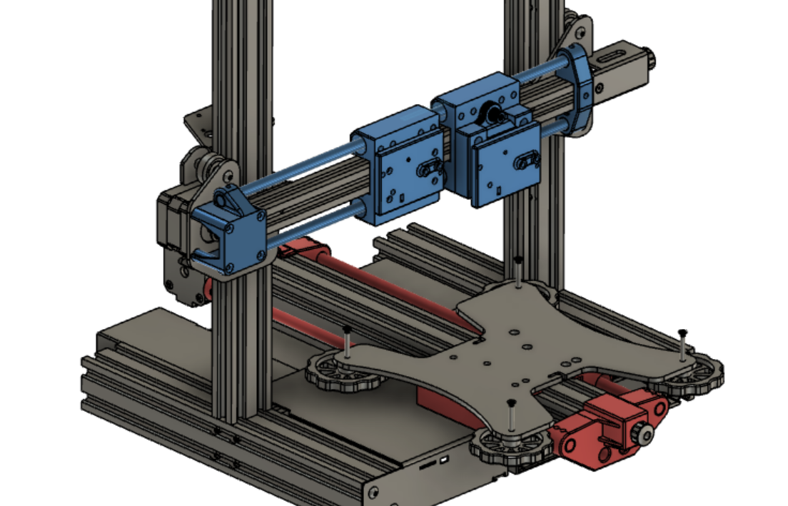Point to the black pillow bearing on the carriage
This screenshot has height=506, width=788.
click(493, 113)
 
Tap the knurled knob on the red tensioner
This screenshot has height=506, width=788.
click(645, 435)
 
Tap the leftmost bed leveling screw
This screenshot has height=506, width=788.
click(347, 340)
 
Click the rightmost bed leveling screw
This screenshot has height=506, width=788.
click(682, 343)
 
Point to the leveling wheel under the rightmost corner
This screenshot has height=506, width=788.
click(689, 375)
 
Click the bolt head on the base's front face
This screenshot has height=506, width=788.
click(372, 492)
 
